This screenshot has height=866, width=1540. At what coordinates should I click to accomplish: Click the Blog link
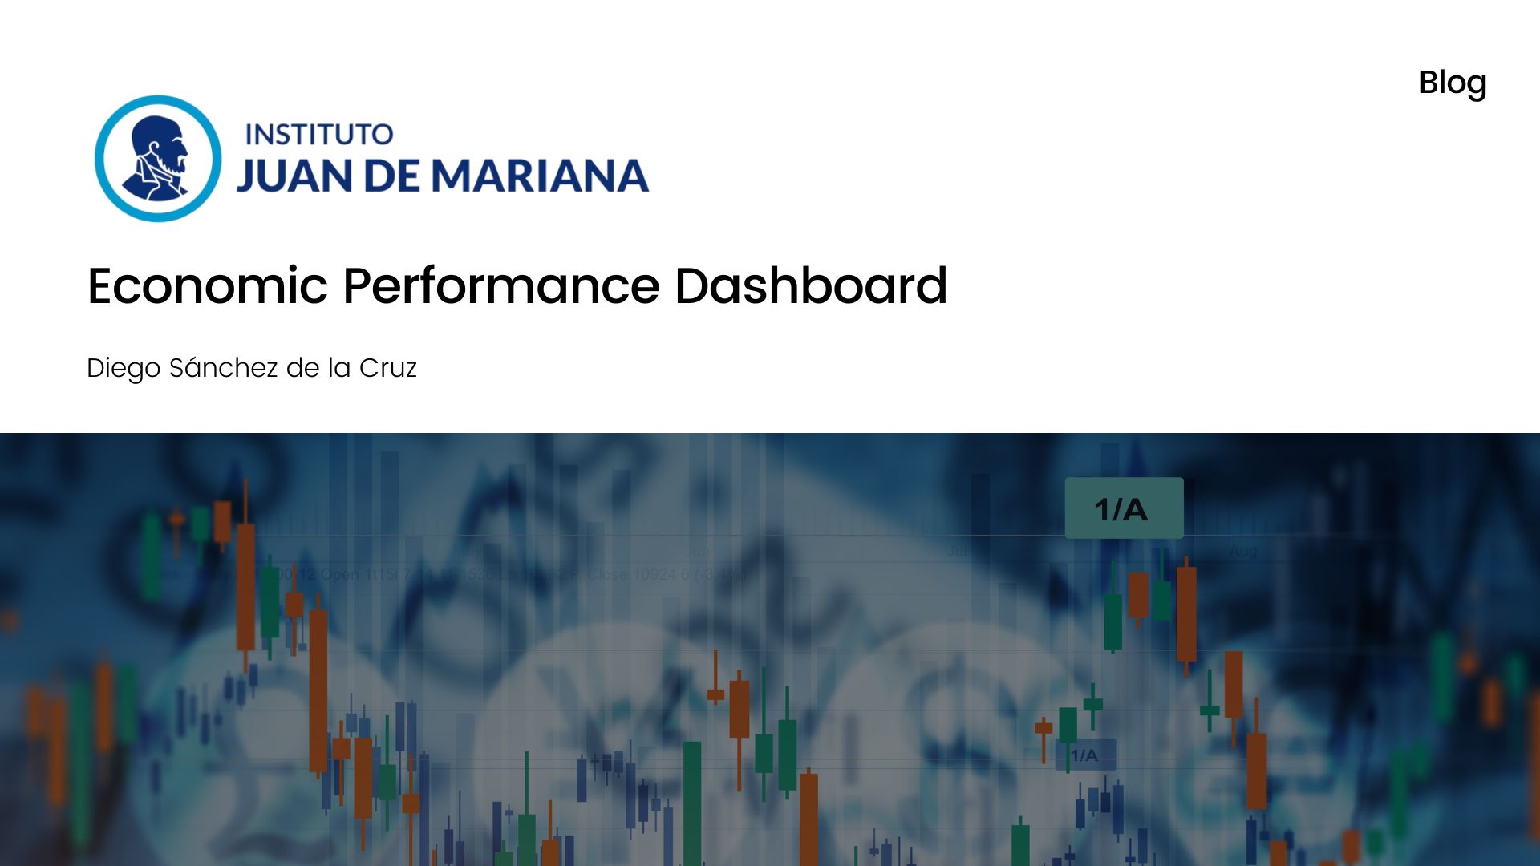point(1452,83)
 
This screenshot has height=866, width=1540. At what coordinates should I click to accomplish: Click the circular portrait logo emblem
point(158,159)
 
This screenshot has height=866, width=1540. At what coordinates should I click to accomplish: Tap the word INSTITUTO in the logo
point(318,135)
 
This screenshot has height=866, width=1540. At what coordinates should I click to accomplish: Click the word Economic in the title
point(208,286)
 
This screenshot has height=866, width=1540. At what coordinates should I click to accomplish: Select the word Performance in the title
point(501,286)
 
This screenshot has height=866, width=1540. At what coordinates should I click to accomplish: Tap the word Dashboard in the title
point(811,286)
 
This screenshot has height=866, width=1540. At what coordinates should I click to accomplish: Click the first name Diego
point(124,368)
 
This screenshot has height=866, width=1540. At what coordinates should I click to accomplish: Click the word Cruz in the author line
point(387,368)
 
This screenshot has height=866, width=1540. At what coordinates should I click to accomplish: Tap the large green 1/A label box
point(1123,508)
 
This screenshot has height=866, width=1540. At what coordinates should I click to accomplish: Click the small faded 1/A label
point(1084,755)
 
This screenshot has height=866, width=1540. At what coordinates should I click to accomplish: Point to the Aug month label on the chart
point(1242,552)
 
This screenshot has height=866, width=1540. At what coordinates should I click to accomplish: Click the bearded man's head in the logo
point(160,144)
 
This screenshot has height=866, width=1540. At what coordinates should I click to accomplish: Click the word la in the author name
point(339,368)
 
